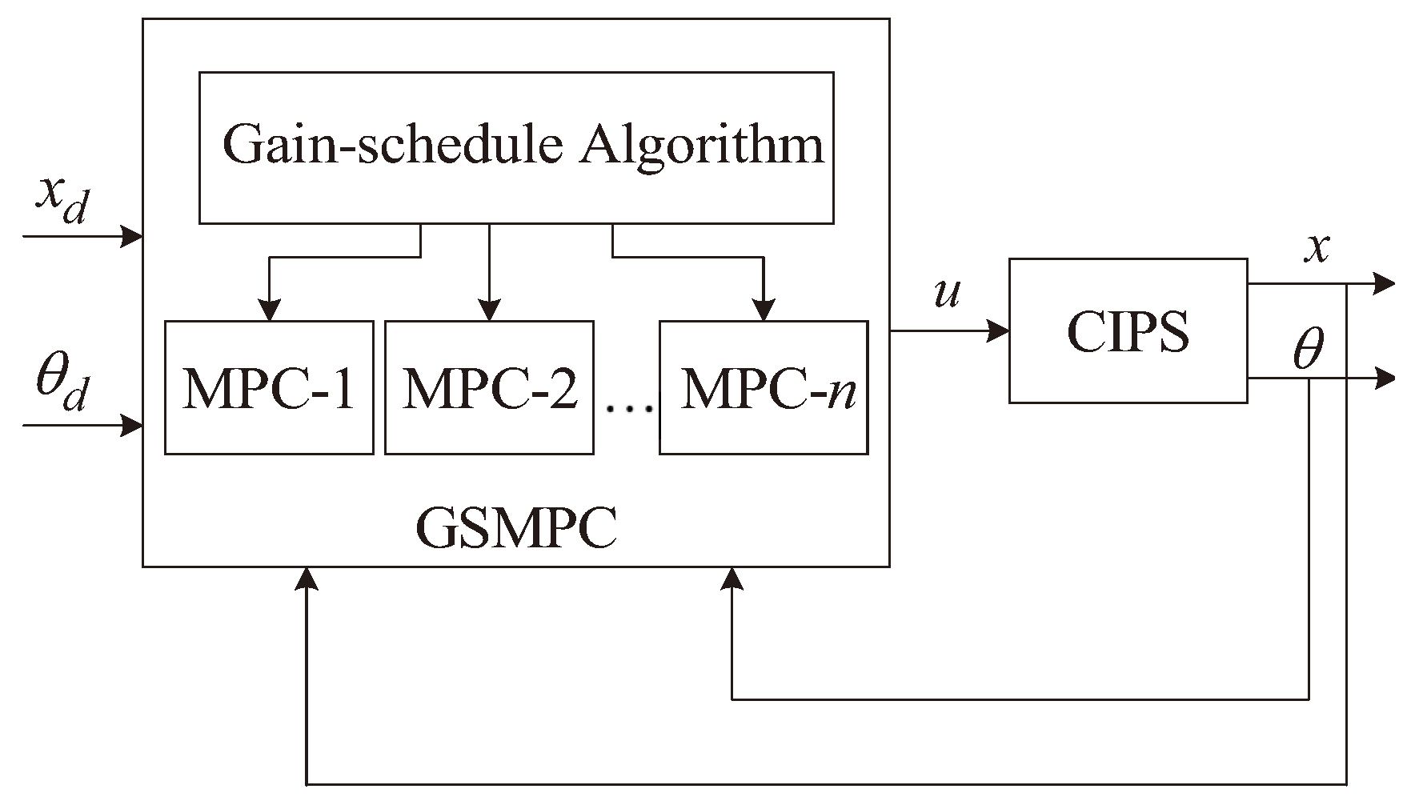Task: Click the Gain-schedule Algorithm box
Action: coord(516,147)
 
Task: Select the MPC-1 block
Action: coord(269,388)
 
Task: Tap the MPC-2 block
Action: coord(489,388)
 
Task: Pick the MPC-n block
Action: coord(764,388)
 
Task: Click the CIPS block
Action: coord(1128,330)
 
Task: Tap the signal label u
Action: coord(947,294)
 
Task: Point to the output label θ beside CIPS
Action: coord(1309,350)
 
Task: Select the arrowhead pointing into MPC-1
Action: coord(270,310)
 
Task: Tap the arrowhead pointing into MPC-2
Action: coord(489,310)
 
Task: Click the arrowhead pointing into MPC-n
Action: coord(764,310)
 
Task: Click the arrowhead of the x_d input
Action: coord(131,236)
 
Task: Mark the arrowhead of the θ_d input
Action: coord(131,425)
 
